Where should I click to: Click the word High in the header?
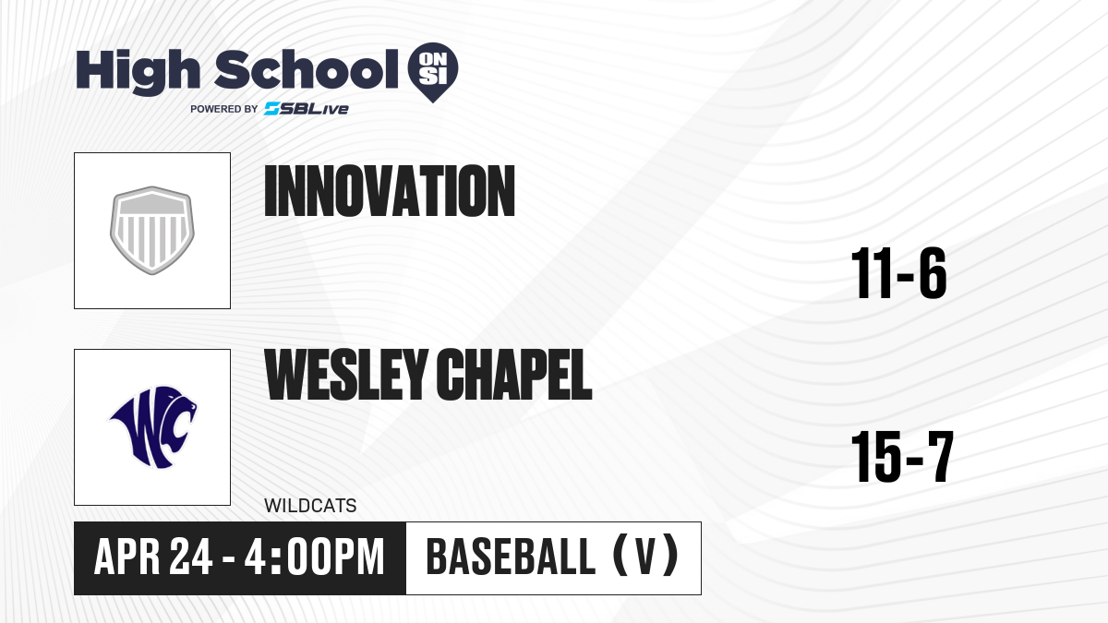click(x=138, y=72)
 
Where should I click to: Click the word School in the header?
click(x=307, y=69)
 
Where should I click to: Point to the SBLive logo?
click(x=306, y=109)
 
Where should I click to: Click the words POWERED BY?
click(x=224, y=109)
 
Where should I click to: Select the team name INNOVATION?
click(x=390, y=191)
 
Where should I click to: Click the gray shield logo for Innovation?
click(x=152, y=230)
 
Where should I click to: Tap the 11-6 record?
click(x=898, y=273)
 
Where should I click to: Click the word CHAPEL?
click(x=514, y=375)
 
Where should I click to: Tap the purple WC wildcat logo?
click(x=153, y=426)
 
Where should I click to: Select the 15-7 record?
click(x=902, y=457)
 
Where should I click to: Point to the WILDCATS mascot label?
click(x=310, y=506)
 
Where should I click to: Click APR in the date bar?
click(x=126, y=557)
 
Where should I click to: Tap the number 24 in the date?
click(x=191, y=557)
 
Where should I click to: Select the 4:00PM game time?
click(x=315, y=557)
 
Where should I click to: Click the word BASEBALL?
click(x=511, y=557)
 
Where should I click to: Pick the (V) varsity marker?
click(x=645, y=557)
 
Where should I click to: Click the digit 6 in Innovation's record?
click(x=933, y=273)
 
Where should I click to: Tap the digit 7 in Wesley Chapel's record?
click(x=940, y=457)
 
